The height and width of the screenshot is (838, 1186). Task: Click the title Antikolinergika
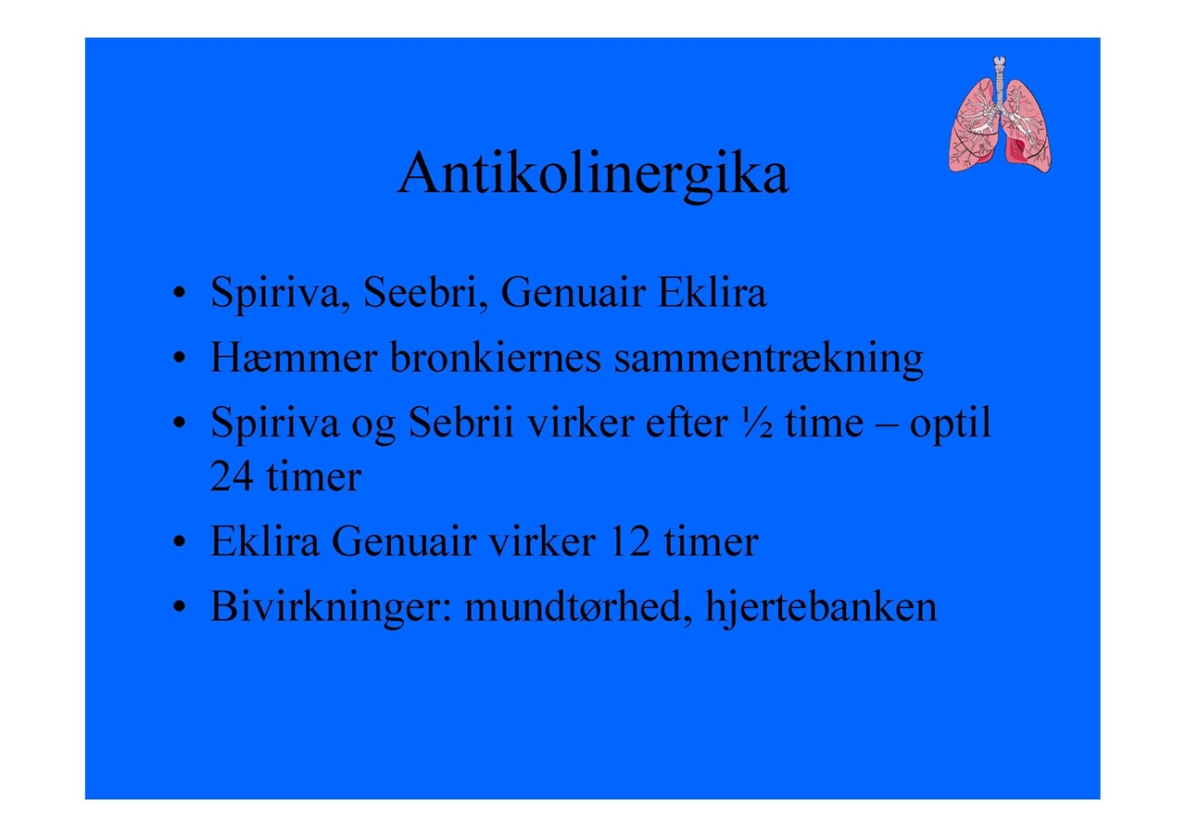click(x=593, y=175)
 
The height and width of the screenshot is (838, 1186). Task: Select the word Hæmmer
click(x=294, y=357)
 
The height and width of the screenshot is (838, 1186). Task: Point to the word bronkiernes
click(x=496, y=357)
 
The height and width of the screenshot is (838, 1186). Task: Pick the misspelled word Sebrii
click(x=461, y=422)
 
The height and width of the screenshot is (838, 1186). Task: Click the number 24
click(x=232, y=476)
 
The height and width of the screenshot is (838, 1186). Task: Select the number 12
click(x=629, y=541)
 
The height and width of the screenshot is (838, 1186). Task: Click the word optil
click(x=950, y=425)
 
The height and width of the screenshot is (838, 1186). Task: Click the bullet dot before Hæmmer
click(x=180, y=358)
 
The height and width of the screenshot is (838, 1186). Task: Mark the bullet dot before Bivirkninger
click(x=180, y=607)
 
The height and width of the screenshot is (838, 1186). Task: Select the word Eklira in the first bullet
click(x=713, y=292)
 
